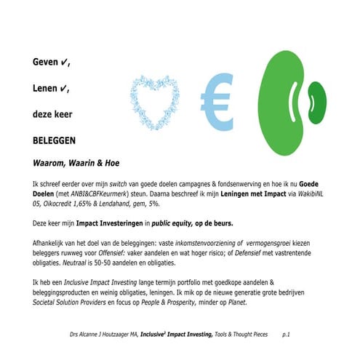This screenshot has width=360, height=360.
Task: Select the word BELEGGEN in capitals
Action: (55, 140)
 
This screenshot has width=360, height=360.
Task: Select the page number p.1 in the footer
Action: (286, 334)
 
